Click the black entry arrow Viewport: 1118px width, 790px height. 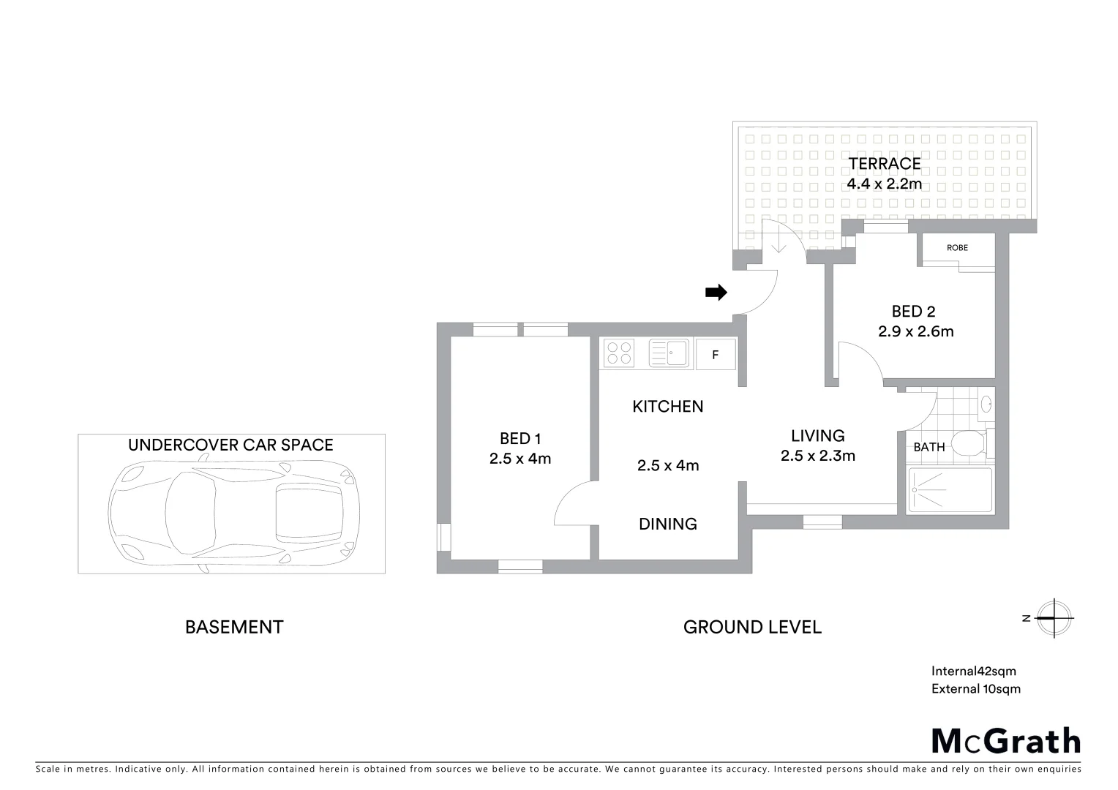(x=716, y=293)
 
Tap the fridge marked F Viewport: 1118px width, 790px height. (x=715, y=355)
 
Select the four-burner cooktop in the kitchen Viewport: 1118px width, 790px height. (x=620, y=353)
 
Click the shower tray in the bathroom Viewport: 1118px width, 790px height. (x=949, y=491)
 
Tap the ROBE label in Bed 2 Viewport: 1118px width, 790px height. (x=957, y=248)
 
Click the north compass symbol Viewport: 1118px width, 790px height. (x=1054, y=618)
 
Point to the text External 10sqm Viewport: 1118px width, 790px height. (x=975, y=688)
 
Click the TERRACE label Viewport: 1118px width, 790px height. (x=884, y=163)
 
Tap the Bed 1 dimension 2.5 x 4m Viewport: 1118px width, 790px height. (x=519, y=459)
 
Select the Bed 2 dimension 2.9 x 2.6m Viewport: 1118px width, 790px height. (x=915, y=331)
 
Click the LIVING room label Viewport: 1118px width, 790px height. (x=817, y=436)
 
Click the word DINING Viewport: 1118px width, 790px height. (x=667, y=524)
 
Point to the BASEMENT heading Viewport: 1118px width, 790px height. (x=233, y=627)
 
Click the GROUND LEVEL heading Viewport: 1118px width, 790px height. (x=752, y=627)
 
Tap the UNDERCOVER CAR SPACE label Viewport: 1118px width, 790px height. (x=230, y=445)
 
